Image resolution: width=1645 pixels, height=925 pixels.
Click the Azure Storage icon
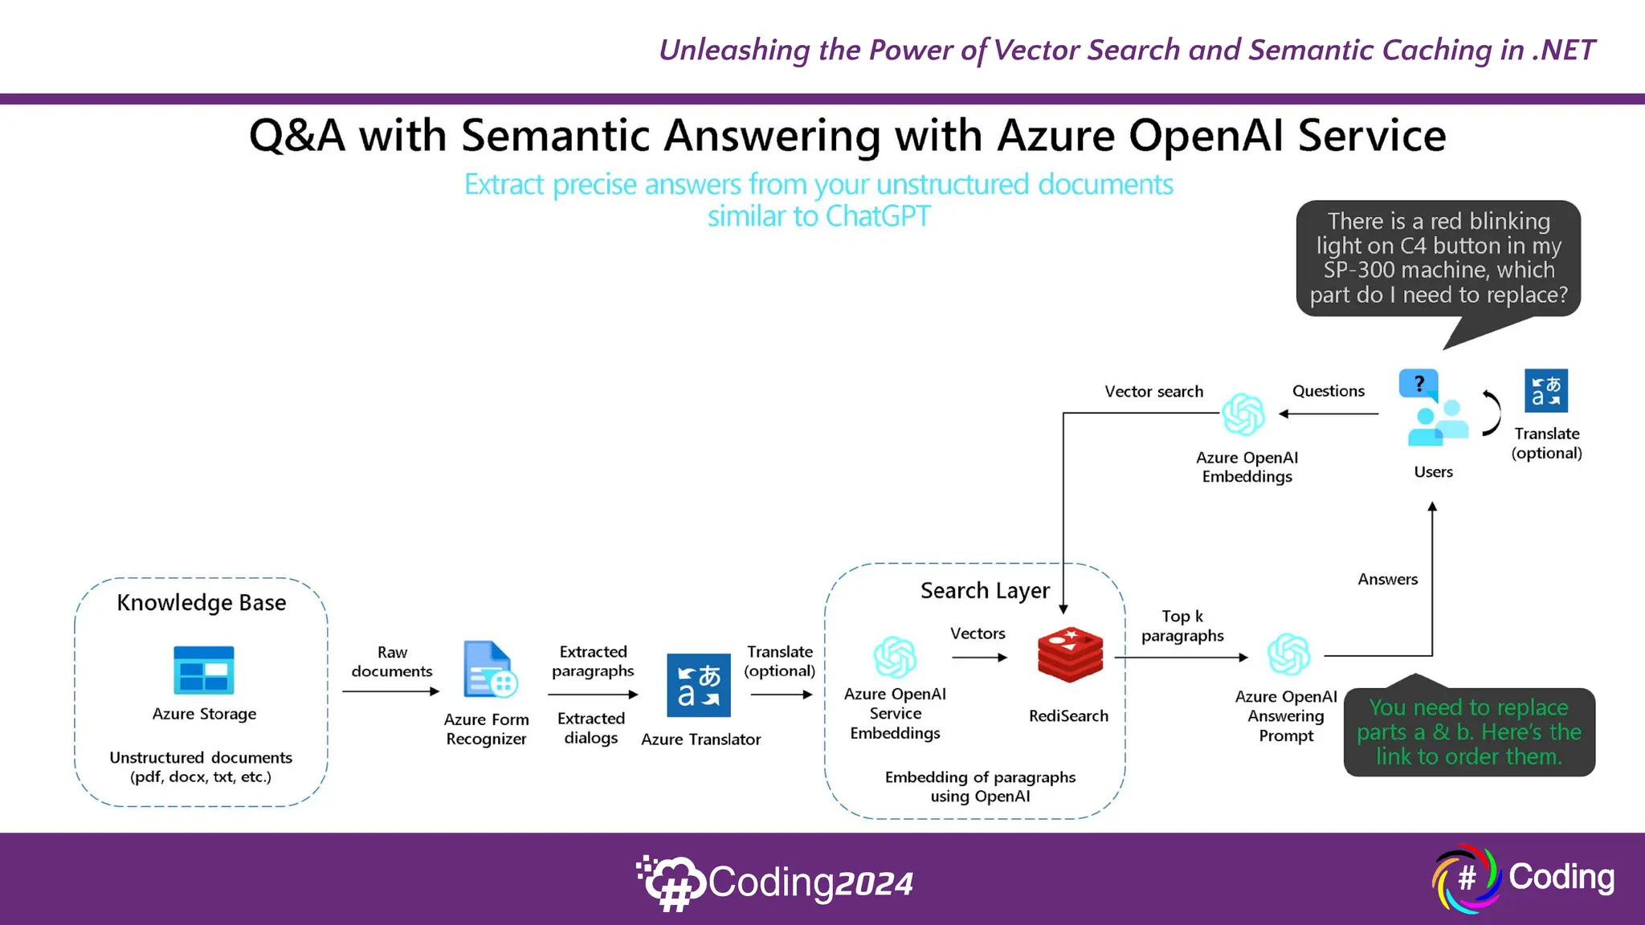tap(204, 670)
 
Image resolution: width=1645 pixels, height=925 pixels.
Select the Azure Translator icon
tap(699, 685)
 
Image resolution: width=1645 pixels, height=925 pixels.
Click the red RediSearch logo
tap(1070, 655)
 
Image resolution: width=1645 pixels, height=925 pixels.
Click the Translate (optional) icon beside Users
tap(1546, 390)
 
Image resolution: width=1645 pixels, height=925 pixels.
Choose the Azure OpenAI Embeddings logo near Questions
tap(1243, 414)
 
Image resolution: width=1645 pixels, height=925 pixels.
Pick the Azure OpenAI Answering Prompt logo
tap(1288, 654)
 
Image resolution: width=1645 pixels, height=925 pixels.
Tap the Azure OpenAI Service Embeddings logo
tap(895, 657)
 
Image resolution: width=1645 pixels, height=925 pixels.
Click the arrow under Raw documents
tap(391, 691)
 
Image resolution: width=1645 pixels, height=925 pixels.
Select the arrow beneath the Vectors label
tap(979, 658)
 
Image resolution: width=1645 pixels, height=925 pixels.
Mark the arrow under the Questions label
tap(1329, 414)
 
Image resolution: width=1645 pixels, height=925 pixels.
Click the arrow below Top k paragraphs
tap(1182, 658)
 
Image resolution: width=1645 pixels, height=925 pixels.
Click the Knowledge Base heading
tap(202, 603)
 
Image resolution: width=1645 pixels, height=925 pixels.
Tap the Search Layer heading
tap(985, 591)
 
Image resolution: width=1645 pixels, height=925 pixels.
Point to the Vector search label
tap(1153, 392)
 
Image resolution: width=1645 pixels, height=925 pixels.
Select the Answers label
tap(1387, 580)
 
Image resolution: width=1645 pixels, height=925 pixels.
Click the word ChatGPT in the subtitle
tap(878, 217)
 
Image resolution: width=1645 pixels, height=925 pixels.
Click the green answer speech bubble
tap(1468, 732)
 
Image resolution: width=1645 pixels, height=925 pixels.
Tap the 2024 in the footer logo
tap(874, 884)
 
